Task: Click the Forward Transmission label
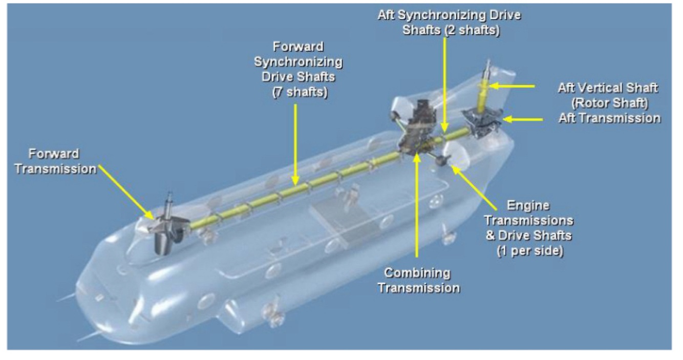coord(55,161)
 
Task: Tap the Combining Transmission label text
coord(418,280)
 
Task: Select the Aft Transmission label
coord(608,118)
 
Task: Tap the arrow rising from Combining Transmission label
coord(418,205)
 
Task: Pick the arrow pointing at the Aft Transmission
coord(523,119)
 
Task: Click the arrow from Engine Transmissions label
coord(474,187)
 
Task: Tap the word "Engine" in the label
coord(528,206)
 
